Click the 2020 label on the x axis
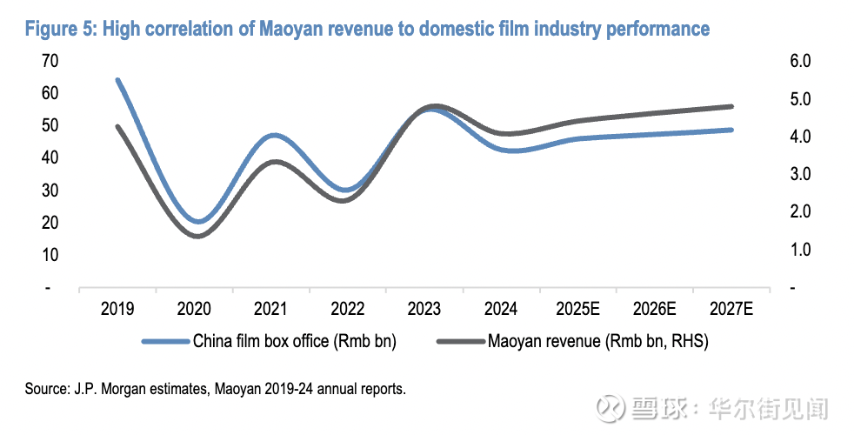tap(194, 309)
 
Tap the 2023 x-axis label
tap(424, 309)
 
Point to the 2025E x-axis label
tap(577, 309)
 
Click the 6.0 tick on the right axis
tap(799, 61)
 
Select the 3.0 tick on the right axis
tap(799, 174)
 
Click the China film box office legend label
tap(295, 341)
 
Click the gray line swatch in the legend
tap(460, 341)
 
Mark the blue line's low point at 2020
tap(199, 222)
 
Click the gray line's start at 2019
tap(117, 126)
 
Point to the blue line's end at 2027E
tap(731, 130)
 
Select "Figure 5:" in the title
tap(60, 29)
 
